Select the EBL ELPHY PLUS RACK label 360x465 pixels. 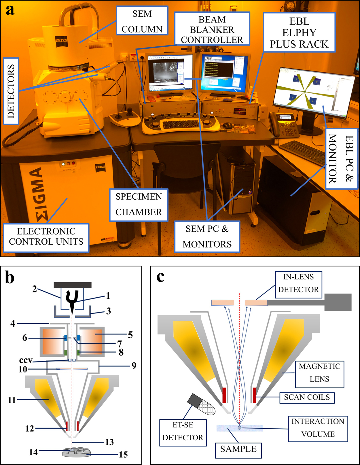pos(299,33)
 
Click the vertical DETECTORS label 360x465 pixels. pos(11,91)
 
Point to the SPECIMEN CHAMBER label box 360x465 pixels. pos(139,204)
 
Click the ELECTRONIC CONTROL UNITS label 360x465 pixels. pos(46,237)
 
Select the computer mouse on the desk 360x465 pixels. pos(228,125)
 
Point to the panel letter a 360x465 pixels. pos(10,10)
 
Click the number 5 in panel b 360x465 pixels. pos(130,335)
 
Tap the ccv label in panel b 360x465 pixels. pos(26,360)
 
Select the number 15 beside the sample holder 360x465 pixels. pos(123,455)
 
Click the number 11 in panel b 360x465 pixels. pos(12,400)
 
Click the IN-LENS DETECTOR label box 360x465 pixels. pos(298,283)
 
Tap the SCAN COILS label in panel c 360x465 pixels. pos(307,397)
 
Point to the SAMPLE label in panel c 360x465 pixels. pos(238,449)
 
